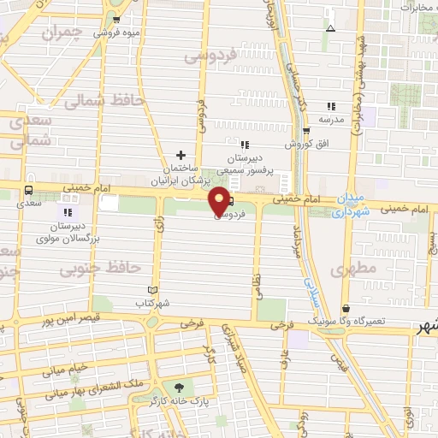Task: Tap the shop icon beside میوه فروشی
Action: click(x=116, y=19)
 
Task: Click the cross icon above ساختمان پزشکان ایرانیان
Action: click(x=180, y=155)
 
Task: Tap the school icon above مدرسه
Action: click(x=331, y=107)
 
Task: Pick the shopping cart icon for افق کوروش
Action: click(x=306, y=131)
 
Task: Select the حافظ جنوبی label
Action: click(x=101, y=269)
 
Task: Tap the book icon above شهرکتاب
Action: click(x=153, y=291)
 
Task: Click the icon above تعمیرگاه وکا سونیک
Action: click(x=345, y=309)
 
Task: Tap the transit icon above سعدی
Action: click(x=30, y=190)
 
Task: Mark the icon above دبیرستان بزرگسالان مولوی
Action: click(x=68, y=211)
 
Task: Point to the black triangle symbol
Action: click(x=330, y=28)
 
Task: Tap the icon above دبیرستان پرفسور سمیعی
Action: click(x=246, y=145)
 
